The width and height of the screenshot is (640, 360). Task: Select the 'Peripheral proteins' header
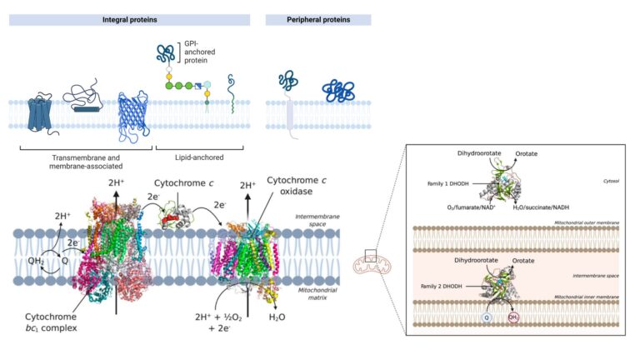coord(317,19)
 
